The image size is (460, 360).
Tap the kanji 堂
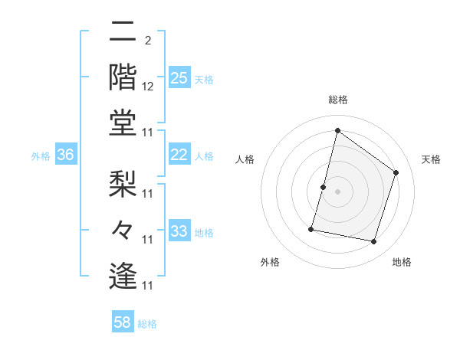pos(123,123)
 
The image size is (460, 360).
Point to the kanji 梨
pos(123,184)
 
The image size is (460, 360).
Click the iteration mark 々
pos(123,230)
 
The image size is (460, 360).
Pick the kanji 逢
pos(123,276)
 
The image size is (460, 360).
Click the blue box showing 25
pos(179,77)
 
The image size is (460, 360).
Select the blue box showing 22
pos(179,155)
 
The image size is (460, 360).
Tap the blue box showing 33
pos(179,232)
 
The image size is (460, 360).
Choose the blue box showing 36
pos(66,155)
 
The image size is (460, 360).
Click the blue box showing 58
pos(123,322)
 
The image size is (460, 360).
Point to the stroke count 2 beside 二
pos(147,41)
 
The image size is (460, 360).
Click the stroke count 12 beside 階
pos(149,87)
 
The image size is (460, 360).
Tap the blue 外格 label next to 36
pos(41,155)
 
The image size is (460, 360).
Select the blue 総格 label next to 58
pos(147,323)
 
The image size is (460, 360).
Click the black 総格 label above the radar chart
pos(337,100)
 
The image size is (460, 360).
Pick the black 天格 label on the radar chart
pos(431,159)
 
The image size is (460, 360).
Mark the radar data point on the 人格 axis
pos(324,187)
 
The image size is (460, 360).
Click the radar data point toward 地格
pos(374,241)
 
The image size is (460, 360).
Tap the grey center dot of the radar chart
pos(337,191)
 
